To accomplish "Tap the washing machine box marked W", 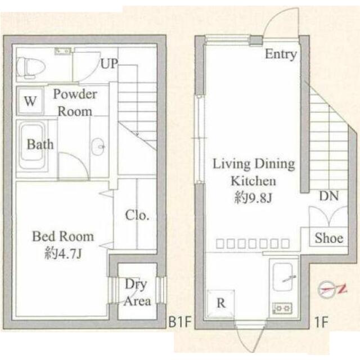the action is click(x=30, y=101).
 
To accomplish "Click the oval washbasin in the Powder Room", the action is click(x=98, y=146).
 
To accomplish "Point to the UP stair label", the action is click(x=110, y=64).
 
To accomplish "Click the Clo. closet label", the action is click(x=137, y=215).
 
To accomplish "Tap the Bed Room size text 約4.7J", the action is click(x=63, y=253).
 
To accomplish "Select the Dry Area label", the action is click(x=137, y=292).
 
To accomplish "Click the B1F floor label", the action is click(x=180, y=322).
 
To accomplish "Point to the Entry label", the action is click(x=281, y=55).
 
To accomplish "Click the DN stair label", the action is click(x=329, y=196).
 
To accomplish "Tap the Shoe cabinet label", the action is click(x=329, y=237).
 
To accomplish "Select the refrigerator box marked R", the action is click(x=221, y=304).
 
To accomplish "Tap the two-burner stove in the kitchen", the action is click(x=282, y=308).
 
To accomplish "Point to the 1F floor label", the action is click(x=321, y=322).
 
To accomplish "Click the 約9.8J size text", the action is click(x=253, y=197).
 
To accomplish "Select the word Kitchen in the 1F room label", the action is click(x=253, y=181).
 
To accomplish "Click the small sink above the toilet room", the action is click(x=62, y=51).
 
